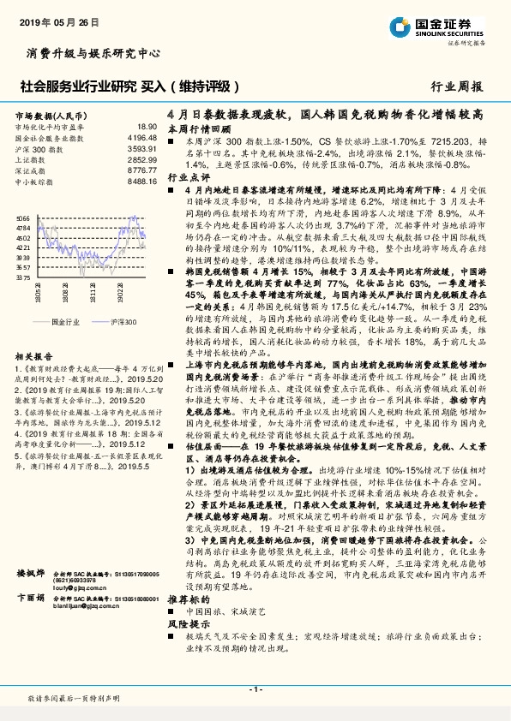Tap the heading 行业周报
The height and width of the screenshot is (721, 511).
point(457,86)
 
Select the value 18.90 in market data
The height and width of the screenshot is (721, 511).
point(147,127)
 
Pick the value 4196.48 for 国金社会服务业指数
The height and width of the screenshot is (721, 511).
point(141,137)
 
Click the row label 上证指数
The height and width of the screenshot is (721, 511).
point(30,159)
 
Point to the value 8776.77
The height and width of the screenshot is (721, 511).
point(141,170)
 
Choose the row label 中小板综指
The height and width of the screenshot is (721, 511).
point(34,182)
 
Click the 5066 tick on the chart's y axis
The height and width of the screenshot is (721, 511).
point(23,218)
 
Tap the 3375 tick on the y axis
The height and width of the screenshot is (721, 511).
point(23,278)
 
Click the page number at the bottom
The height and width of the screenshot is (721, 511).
point(255,689)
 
